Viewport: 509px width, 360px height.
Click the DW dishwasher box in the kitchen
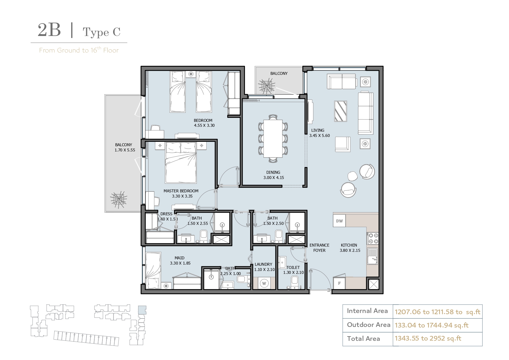click(x=339, y=221)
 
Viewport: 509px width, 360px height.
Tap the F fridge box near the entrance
click(x=339, y=283)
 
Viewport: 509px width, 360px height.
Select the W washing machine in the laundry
click(x=264, y=283)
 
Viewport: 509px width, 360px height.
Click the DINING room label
click(x=273, y=172)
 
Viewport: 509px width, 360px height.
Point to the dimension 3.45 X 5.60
click(x=320, y=135)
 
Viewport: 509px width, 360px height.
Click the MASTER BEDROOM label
click(x=181, y=191)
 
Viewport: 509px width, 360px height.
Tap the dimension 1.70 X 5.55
click(x=125, y=150)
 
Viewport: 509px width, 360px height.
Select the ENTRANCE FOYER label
click(x=320, y=248)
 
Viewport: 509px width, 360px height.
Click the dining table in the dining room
click(x=273, y=139)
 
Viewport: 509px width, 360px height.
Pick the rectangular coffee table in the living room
click(x=341, y=111)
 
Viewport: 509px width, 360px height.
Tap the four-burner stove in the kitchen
click(x=373, y=238)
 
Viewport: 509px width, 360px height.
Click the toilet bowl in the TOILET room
click(x=295, y=281)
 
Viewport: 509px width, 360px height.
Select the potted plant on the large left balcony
click(x=118, y=199)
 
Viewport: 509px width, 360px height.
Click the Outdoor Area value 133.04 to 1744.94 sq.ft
click(x=432, y=325)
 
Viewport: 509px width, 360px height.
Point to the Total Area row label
click(x=363, y=339)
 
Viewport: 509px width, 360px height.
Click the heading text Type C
click(x=102, y=32)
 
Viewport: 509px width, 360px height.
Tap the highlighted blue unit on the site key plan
click(x=142, y=310)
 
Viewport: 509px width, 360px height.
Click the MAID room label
click(x=179, y=258)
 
